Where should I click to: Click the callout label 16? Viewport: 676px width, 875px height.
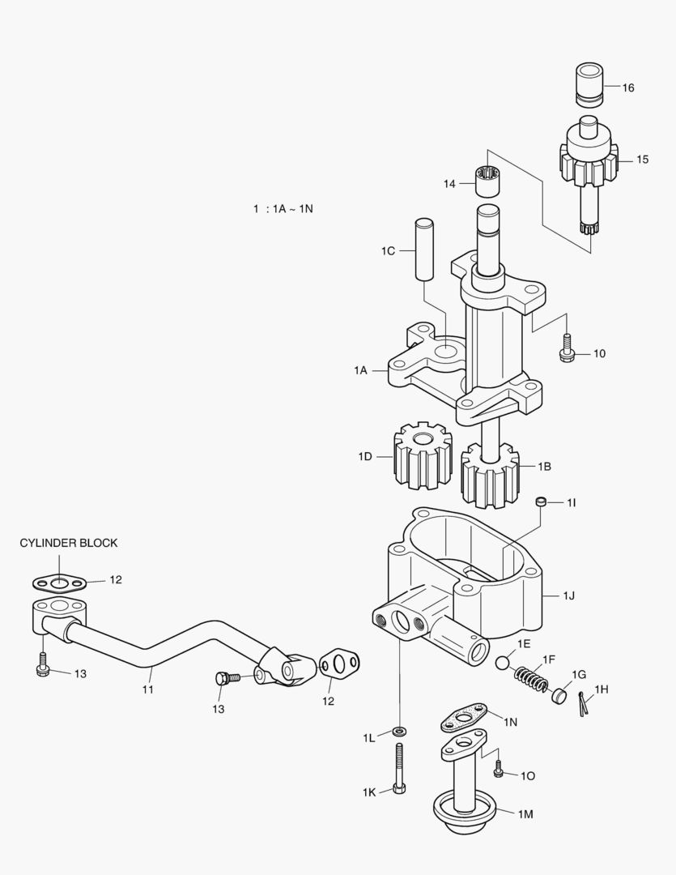click(x=628, y=87)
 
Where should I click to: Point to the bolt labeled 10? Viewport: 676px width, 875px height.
click(x=566, y=348)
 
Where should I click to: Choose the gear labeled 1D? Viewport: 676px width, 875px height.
click(x=421, y=457)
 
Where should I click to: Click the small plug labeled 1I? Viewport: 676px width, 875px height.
click(x=542, y=503)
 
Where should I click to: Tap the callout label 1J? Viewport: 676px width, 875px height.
click(x=569, y=595)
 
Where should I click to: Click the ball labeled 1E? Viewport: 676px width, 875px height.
click(x=504, y=662)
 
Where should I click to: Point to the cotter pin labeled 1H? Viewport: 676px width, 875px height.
click(x=584, y=703)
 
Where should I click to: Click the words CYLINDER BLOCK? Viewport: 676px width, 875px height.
click(x=69, y=543)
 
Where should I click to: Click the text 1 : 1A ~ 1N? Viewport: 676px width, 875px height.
click(x=283, y=208)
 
